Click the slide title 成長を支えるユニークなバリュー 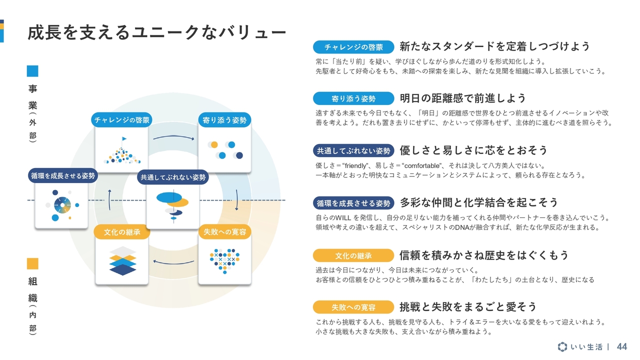pos(156,32)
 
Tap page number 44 pos(622,346)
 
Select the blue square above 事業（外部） pos(32,71)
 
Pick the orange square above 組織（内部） pos(32,263)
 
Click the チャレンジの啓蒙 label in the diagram pos(122,120)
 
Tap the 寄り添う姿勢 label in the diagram pos(224,120)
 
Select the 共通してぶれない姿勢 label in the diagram pos(173,177)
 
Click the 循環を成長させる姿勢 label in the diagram pos(62,175)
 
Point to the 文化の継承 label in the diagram pos(122,232)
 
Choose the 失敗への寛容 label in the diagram pos(224,232)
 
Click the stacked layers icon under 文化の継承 pos(122,261)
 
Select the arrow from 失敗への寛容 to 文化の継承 pos(173,261)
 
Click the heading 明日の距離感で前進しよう pos(463,98)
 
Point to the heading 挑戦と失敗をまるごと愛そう pos(468,306)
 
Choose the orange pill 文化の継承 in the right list pos(353,255)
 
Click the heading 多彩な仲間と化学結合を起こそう pos(479,202)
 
